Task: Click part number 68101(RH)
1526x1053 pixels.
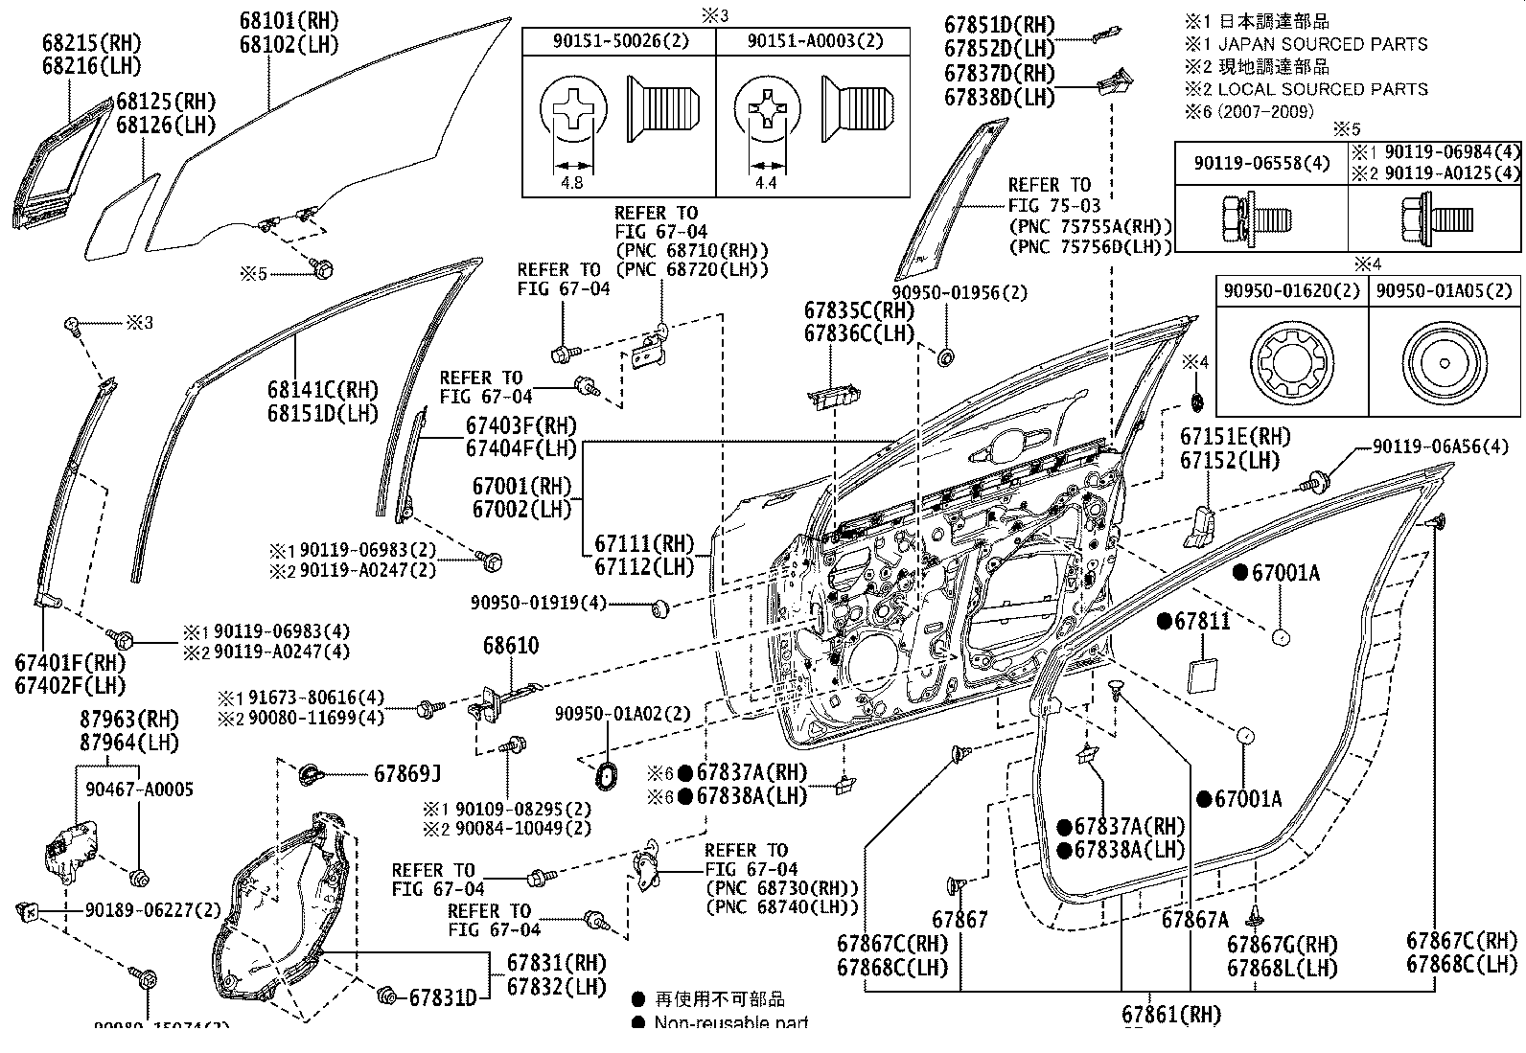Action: coord(289,20)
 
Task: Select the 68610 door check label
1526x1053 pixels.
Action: coord(511,647)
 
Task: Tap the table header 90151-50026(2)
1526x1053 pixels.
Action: coord(618,42)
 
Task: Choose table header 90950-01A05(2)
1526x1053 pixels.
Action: coord(1444,290)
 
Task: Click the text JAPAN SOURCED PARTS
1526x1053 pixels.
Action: coord(1323,44)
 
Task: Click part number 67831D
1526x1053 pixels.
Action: coord(442,998)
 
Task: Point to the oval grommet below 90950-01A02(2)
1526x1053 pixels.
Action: coord(607,774)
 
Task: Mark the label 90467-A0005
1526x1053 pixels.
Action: coord(139,790)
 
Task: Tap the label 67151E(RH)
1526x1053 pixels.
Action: coord(1236,437)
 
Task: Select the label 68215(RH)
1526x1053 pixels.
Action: coord(91,43)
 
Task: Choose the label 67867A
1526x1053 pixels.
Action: coord(1194,920)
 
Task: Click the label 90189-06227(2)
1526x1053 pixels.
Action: coord(153,910)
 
